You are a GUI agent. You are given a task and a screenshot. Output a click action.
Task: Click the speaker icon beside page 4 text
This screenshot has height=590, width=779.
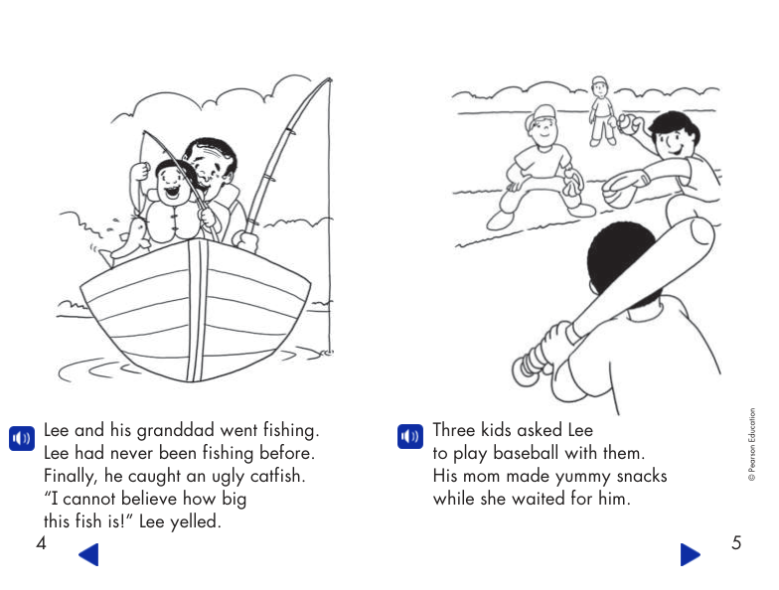point(22,438)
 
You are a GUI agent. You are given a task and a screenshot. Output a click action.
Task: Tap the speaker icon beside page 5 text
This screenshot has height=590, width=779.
point(410,436)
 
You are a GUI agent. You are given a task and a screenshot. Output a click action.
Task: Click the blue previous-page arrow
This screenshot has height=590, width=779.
point(89,554)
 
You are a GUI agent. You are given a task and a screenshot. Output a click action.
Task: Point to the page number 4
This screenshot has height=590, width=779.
point(42,542)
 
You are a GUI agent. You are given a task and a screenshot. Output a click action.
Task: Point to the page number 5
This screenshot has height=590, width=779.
point(736,542)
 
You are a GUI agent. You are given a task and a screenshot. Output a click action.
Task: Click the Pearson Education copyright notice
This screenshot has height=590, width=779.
point(752,445)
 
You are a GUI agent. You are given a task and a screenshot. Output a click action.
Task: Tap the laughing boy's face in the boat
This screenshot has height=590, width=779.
point(171,184)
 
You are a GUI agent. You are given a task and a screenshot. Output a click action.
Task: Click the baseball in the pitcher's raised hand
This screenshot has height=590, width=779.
point(628,123)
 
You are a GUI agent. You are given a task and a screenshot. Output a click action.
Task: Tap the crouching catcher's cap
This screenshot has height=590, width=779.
point(544,113)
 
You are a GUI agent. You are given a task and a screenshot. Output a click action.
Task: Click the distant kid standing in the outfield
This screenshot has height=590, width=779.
point(600,111)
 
